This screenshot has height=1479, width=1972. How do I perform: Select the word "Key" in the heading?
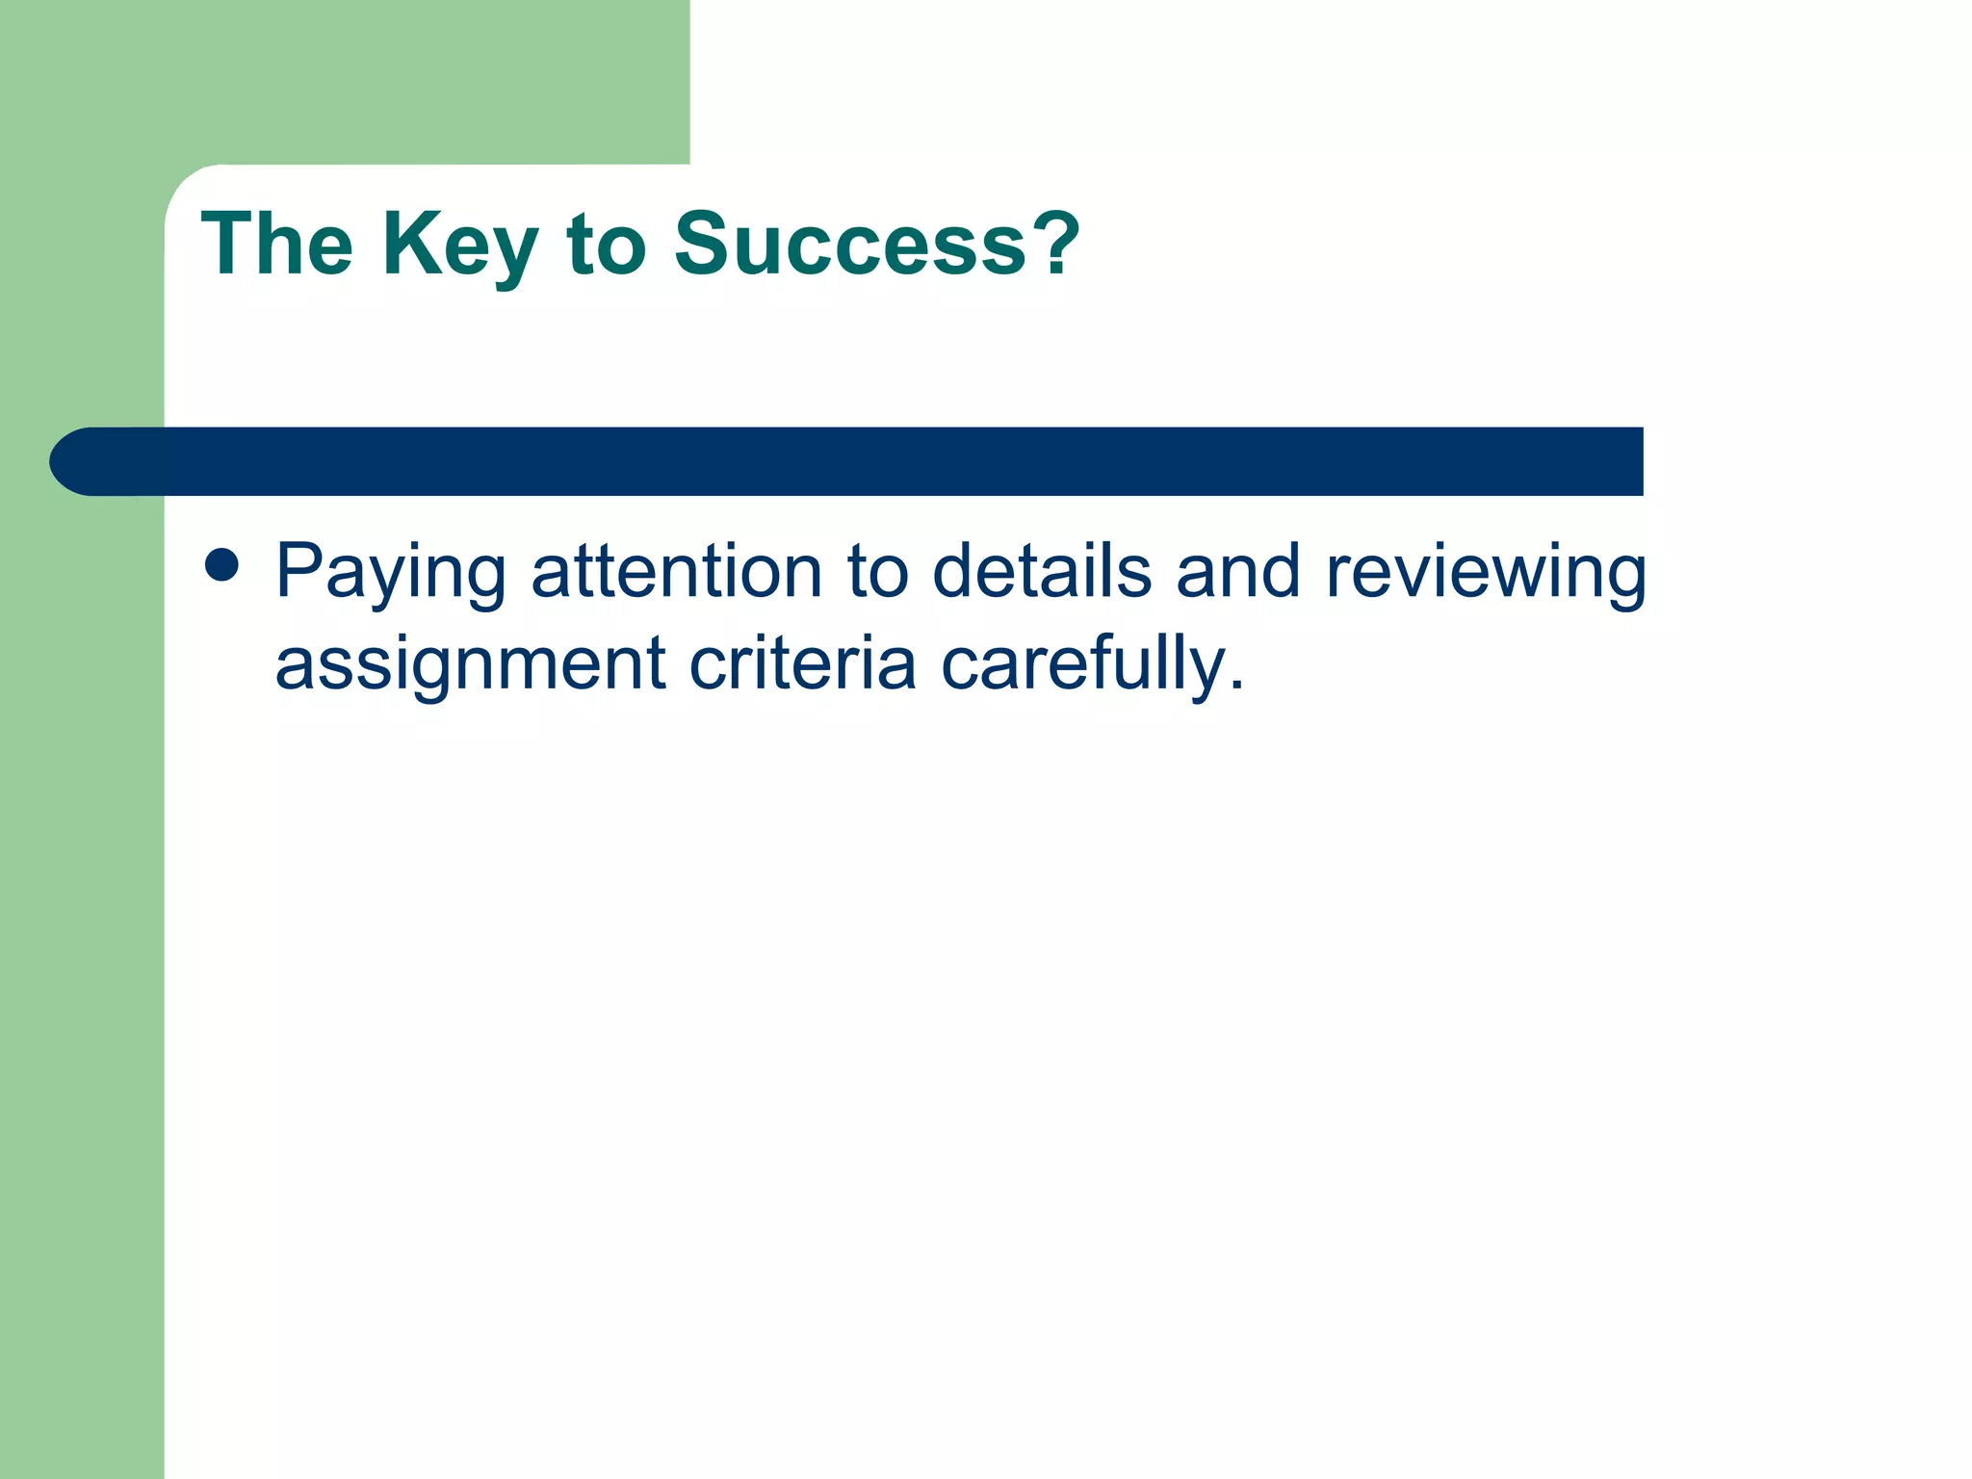click(459, 246)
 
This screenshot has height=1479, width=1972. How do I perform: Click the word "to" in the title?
click(606, 246)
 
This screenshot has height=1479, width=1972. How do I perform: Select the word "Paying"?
click(390, 574)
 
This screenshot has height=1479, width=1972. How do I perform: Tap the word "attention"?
click(677, 571)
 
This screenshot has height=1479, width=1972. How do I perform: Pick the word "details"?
click(1042, 571)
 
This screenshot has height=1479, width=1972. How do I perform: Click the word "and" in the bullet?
click(1238, 571)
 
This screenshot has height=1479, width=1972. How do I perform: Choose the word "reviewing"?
click(1486, 574)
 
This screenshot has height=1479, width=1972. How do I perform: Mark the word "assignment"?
click(470, 665)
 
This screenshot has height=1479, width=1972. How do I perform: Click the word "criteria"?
click(802, 663)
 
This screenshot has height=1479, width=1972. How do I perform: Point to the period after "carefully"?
click(1236, 686)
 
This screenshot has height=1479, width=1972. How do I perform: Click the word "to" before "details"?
click(877, 572)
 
